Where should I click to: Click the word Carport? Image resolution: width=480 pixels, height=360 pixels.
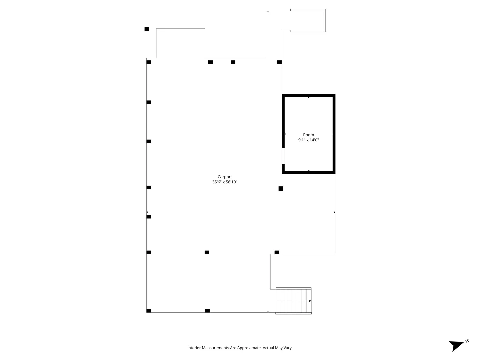225,177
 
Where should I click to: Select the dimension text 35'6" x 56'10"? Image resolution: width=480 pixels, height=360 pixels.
225,182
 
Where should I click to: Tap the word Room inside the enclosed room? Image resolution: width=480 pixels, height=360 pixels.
308,135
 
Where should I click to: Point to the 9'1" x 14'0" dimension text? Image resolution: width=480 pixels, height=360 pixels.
308,140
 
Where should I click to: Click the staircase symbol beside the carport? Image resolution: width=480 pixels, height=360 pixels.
293,301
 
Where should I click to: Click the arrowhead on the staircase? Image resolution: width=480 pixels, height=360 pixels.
310,301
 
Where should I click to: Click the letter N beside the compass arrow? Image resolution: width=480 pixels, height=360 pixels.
467,341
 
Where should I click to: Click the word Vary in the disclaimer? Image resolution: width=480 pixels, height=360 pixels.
288,348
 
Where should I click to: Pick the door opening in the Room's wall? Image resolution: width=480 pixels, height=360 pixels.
283,156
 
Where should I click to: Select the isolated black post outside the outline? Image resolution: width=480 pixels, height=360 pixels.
147,29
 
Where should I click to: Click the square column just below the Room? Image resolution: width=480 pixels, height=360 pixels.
281,189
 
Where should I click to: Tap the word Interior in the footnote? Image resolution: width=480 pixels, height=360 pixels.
194,348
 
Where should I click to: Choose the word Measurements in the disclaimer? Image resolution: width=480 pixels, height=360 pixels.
215,348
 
